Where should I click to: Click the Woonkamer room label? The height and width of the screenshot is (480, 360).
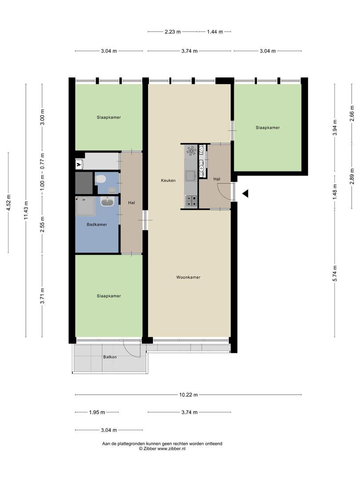pos(188,277)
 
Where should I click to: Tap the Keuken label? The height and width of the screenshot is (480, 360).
pos(168,180)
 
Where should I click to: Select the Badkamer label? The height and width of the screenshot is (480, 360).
pos(97,224)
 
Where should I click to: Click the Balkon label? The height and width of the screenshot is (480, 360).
pos(110,357)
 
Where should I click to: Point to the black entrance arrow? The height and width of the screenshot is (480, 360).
pos(245,193)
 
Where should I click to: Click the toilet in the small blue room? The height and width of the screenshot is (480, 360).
pos(100,179)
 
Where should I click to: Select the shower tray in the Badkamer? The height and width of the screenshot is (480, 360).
pos(85,206)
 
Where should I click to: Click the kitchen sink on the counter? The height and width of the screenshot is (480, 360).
pos(191,176)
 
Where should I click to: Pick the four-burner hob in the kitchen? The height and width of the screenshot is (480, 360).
pos(191,201)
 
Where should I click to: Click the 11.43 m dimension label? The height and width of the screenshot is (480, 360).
pos(26,210)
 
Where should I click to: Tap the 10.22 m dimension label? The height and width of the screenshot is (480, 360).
pos(188,395)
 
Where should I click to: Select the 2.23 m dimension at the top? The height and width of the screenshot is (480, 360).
pos(172,32)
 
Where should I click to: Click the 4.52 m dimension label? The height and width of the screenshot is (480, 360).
pos(8,203)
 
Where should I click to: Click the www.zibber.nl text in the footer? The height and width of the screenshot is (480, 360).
pos(172,449)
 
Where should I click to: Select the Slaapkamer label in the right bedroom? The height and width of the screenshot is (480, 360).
pos(268,128)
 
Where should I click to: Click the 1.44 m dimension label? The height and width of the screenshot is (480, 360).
pos(215,32)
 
